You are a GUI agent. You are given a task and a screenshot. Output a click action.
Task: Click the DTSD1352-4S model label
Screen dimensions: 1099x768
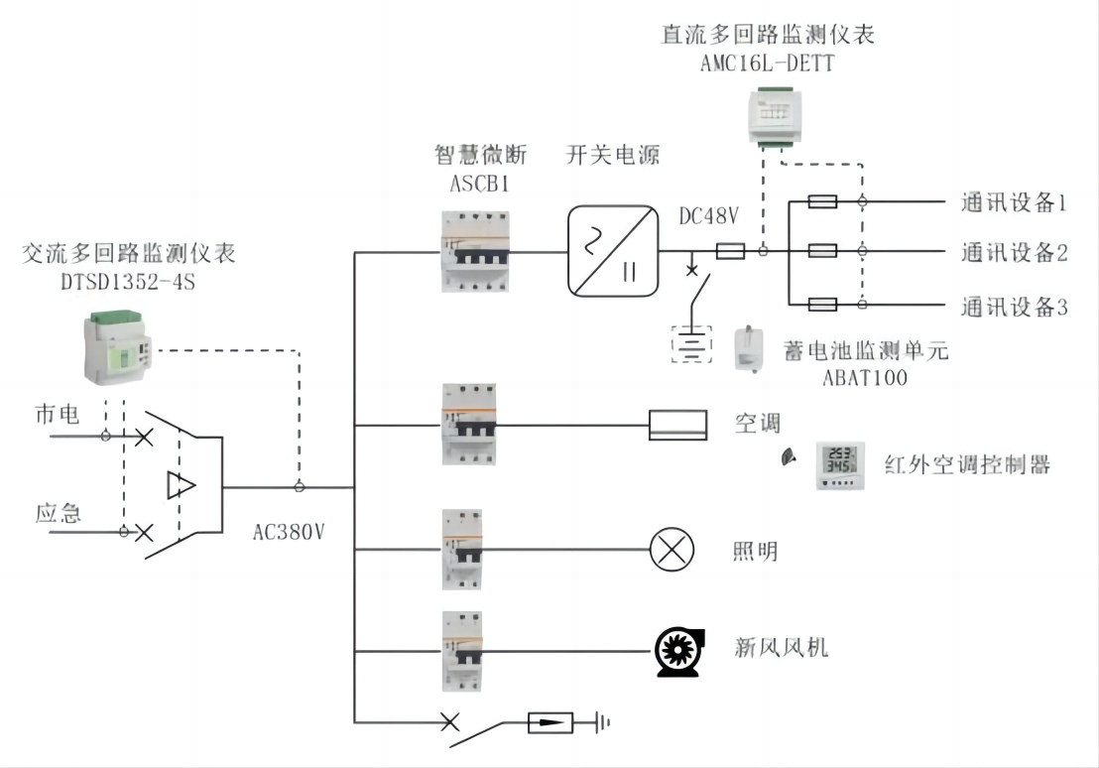pyautogui.click(x=128, y=282)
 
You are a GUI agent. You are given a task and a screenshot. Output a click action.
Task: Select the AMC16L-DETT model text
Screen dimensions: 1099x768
pyautogui.click(x=768, y=64)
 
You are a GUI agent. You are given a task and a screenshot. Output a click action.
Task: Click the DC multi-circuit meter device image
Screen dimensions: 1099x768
pyautogui.click(x=775, y=116)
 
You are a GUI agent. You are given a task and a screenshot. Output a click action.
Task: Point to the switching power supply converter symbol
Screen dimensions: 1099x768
pyautogui.click(x=613, y=251)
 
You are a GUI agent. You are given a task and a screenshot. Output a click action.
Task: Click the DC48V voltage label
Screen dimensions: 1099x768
pyautogui.click(x=708, y=216)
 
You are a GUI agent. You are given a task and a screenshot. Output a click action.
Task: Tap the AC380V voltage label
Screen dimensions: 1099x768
pyautogui.click(x=289, y=532)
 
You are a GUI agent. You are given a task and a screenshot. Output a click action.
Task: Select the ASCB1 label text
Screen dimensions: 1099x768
pyautogui.click(x=479, y=184)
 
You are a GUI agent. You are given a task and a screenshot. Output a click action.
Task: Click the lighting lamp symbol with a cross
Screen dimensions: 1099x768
pyautogui.click(x=672, y=549)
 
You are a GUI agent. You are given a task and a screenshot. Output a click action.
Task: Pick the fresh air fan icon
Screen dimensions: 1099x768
pyautogui.click(x=678, y=652)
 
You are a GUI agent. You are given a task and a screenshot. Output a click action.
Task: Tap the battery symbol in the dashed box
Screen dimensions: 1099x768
pyautogui.click(x=691, y=344)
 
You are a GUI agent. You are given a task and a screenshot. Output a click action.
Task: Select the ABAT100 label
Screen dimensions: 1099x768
pyautogui.click(x=865, y=378)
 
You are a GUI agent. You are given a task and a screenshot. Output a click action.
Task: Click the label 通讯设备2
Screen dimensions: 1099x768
pyautogui.click(x=1014, y=252)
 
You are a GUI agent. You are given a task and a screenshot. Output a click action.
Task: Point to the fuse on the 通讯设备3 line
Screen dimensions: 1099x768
pyautogui.click(x=822, y=305)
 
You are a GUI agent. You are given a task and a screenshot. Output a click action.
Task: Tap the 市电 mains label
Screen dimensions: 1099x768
pyautogui.click(x=57, y=414)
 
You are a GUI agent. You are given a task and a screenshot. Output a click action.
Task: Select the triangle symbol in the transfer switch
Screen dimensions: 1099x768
pyautogui.click(x=181, y=485)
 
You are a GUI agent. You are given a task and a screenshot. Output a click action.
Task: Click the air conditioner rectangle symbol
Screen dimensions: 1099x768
pyautogui.click(x=677, y=425)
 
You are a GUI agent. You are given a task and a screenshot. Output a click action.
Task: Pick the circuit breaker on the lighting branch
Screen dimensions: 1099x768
pyautogui.click(x=462, y=549)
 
